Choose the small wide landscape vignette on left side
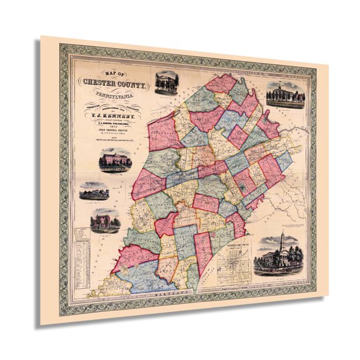click(x=94, y=191)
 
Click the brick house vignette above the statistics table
click(x=104, y=220)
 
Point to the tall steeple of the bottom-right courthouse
click(x=282, y=239)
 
